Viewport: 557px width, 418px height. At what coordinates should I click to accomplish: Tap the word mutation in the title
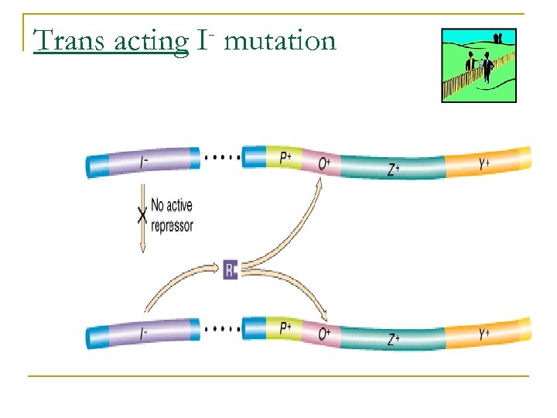click(x=280, y=40)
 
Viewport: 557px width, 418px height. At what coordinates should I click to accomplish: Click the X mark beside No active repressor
click(x=142, y=216)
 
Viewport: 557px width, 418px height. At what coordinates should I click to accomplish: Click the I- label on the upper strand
click(x=145, y=163)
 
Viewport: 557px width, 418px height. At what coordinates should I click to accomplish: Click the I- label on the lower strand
click(x=145, y=335)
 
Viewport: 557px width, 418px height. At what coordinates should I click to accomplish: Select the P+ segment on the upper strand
click(x=285, y=159)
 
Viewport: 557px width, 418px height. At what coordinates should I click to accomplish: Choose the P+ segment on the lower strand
click(x=285, y=328)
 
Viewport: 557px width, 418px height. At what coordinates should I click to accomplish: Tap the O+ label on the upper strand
click(x=325, y=163)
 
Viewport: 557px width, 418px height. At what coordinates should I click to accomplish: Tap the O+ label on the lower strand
click(x=325, y=334)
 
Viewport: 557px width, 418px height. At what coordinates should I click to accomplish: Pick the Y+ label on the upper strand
click(x=484, y=163)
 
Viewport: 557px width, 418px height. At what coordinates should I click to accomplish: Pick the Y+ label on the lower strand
click(x=484, y=334)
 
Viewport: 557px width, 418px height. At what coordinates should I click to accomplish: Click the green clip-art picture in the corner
click(x=478, y=66)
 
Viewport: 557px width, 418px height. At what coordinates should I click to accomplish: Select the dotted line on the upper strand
click(x=220, y=156)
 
